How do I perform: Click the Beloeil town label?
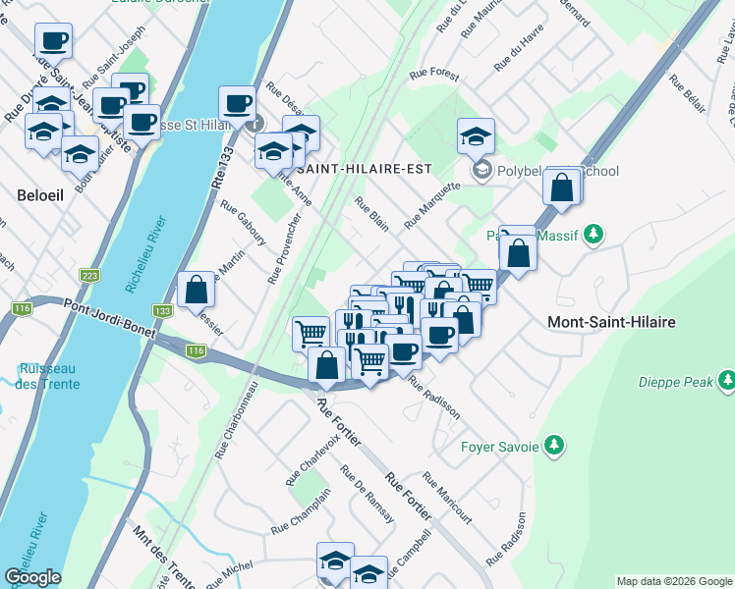click(40, 194)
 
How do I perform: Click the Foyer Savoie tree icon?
click(554, 447)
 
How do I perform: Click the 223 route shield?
click(90, 276)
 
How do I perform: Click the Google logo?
click(32, 577)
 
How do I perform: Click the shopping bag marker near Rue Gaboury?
click(196, 290)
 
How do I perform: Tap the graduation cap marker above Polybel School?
click(476, 135)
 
